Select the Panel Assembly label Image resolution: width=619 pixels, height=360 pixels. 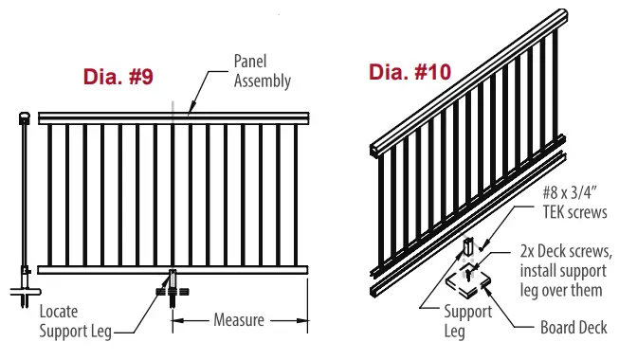[x=262, y=71]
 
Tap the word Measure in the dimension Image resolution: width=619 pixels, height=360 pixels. [x=238, y=320]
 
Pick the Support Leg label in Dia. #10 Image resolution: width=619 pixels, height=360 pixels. [x=469, y=321]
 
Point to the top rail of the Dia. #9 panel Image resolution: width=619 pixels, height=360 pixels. [x=171, y=117]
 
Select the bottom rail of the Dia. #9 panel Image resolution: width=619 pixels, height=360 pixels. [x=171, y=269]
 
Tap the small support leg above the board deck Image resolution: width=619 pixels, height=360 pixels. [x=467, y=248]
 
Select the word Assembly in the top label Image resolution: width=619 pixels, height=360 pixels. [x=263, y=81]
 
